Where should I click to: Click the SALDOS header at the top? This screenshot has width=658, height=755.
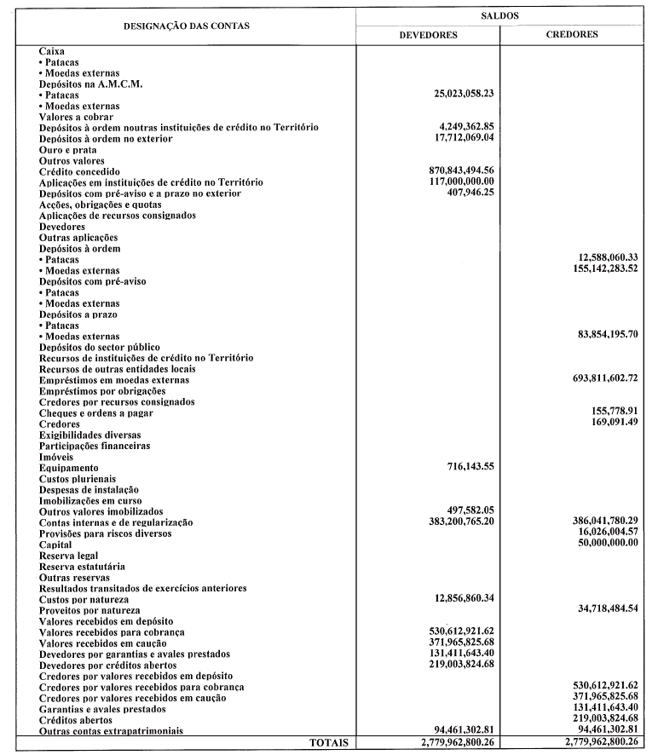(499, 15)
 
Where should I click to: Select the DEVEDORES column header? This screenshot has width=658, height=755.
(429, 35)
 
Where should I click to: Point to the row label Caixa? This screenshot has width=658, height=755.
(52, 51)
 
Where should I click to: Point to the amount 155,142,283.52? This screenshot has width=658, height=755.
(596, 270)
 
